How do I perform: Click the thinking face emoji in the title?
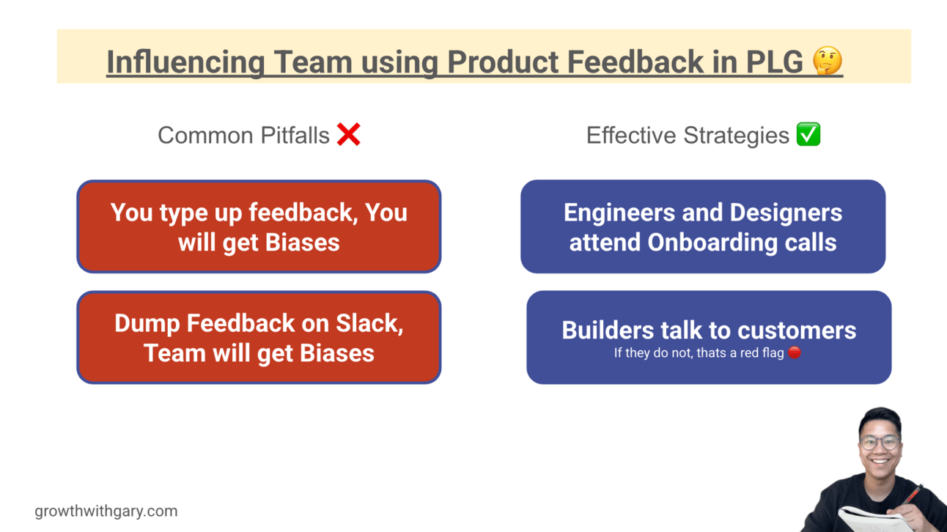point(828,62)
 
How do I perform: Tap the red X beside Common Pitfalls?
point(349,135)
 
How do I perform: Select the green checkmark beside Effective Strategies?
point(808,135)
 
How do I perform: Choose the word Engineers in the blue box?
point(619,213)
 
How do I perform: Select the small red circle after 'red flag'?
point(795,353)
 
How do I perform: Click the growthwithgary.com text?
point(106,511)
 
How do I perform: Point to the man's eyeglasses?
point(880,442)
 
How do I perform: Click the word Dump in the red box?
point(147,323)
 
